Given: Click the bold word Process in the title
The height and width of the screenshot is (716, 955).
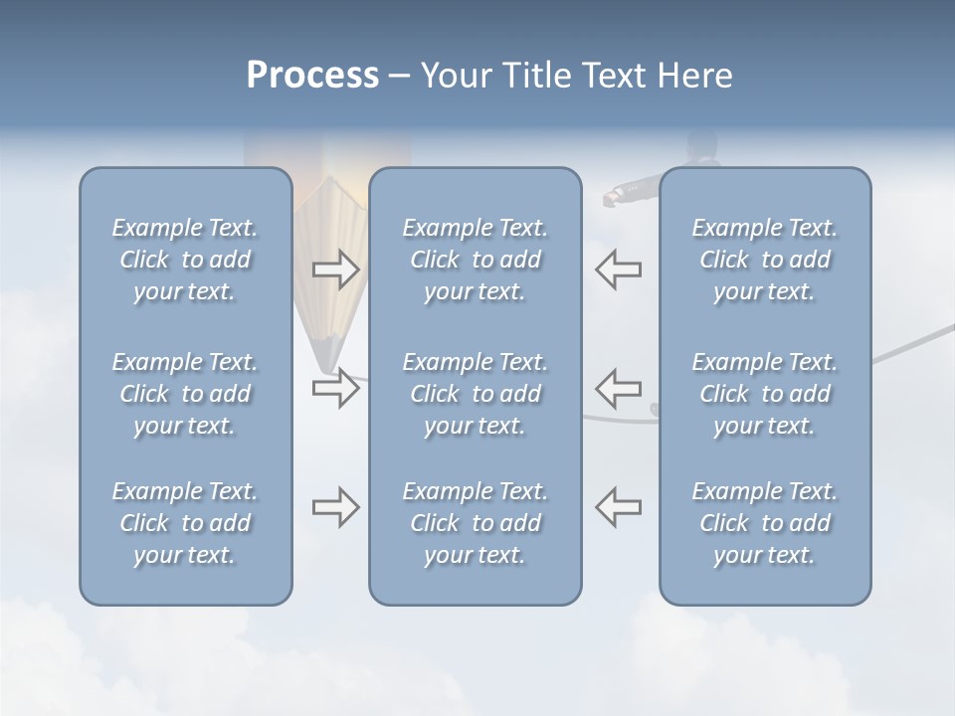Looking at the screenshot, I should coord(312,76).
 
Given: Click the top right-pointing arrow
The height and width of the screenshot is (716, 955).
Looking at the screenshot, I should coord(335,269).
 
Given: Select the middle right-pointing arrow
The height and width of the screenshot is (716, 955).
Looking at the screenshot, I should coord(335,387).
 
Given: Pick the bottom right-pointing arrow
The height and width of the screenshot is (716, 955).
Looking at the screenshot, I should coord(335,507).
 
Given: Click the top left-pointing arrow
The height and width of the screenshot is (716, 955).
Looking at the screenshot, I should coord(618,269).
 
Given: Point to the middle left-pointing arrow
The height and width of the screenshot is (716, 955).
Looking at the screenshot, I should coord(618,387).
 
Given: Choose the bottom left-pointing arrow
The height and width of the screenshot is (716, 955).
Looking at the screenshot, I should coord(618,507).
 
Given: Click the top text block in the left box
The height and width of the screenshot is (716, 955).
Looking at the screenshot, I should coord(185,260).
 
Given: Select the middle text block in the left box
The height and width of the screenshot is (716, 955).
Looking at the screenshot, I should coord(185,394).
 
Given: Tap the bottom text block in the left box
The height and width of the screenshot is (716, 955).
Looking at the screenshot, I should coord(185,523).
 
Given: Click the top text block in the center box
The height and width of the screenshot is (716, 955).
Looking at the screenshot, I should coord(476,260).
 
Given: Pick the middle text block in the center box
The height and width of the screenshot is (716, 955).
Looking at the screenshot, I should coord(476,394).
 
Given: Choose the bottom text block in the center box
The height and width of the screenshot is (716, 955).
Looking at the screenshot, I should coord(476,523).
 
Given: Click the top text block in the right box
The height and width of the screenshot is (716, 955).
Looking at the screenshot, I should coord(765,260).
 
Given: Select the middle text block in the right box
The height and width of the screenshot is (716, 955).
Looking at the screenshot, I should coord(765,394).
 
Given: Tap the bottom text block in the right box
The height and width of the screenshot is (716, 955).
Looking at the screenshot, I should coord(765,523).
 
